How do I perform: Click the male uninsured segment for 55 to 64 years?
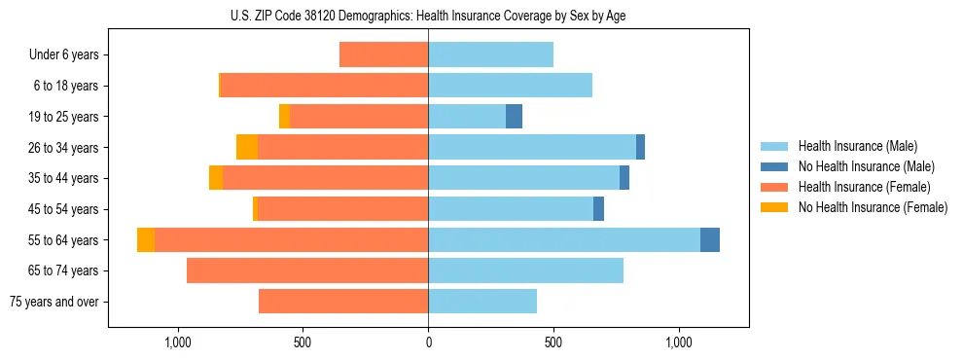pos(710,240)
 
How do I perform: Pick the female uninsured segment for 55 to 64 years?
pos(146,240)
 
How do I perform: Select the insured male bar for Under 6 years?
pos(490,55)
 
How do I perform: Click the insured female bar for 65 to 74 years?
pos(307,270)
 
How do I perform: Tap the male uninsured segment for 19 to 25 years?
pos(514,117)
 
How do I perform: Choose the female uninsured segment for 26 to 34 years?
pos(247,148)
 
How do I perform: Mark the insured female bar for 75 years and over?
pos(343,302)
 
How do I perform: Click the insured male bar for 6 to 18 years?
pos(510,86)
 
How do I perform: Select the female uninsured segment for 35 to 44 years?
pos(216,178)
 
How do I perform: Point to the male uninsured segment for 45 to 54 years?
pos(598,209)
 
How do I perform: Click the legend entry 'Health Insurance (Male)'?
pos(857,146)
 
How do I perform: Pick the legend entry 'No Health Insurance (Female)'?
pos(873,207)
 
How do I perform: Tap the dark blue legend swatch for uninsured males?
pos(774,166)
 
